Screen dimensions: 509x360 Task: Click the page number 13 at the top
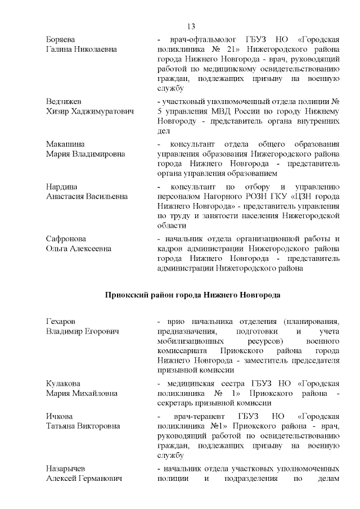190,26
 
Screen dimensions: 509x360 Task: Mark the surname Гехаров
60,321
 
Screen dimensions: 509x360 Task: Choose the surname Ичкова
58,416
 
